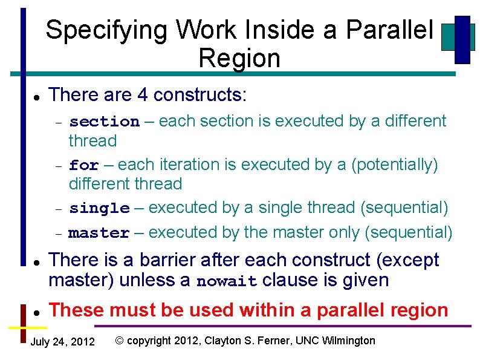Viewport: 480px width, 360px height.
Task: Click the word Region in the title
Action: click(239, 59)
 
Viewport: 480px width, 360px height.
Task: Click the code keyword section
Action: click(104, 122)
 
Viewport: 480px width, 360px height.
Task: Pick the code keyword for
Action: click(83, 165)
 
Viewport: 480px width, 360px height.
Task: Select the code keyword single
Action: click(99, 209)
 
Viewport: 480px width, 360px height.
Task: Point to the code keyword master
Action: click(99, 233)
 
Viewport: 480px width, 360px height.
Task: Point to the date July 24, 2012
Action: click(62, 342)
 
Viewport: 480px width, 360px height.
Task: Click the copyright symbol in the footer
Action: click(120, 341)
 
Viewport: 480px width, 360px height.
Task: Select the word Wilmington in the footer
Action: click(350, 341)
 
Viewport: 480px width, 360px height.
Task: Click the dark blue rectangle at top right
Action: click(462, 39)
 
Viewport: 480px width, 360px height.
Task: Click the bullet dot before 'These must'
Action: click(37, 312)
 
